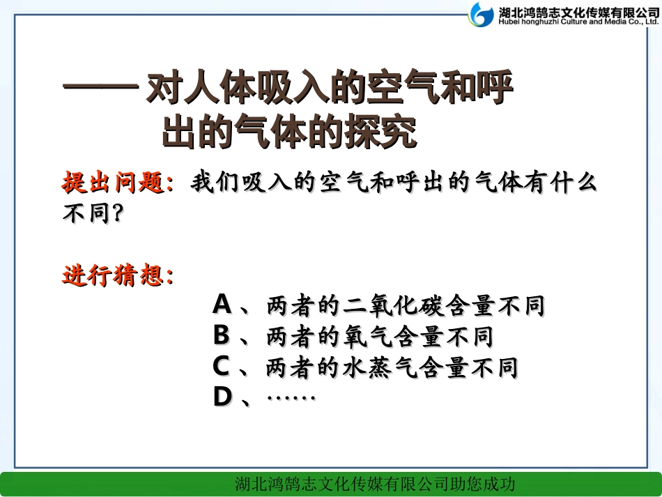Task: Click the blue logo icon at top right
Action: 482,14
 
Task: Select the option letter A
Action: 222,305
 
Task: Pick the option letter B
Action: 222,336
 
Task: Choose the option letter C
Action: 222,367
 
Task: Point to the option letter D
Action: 222,397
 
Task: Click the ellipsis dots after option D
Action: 291,398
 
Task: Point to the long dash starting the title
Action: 100,91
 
